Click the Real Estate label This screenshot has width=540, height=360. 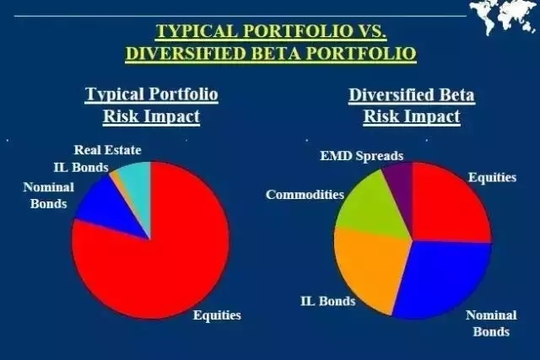click(x=108, y=150)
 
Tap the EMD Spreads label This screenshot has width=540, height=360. click(x=362, y=156)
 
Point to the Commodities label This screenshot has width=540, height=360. click(x=305, y=195)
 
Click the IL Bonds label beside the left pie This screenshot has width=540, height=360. click(x=81, y=168)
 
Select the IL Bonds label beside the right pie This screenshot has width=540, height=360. click(x=328, y=301)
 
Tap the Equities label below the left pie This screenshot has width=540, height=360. click(x=217, y=315)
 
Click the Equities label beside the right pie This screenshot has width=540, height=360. click(x=493, y=178)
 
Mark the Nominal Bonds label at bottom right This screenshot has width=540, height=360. click(x=491, y=324)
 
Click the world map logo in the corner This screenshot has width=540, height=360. click(x=505, y=17)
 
